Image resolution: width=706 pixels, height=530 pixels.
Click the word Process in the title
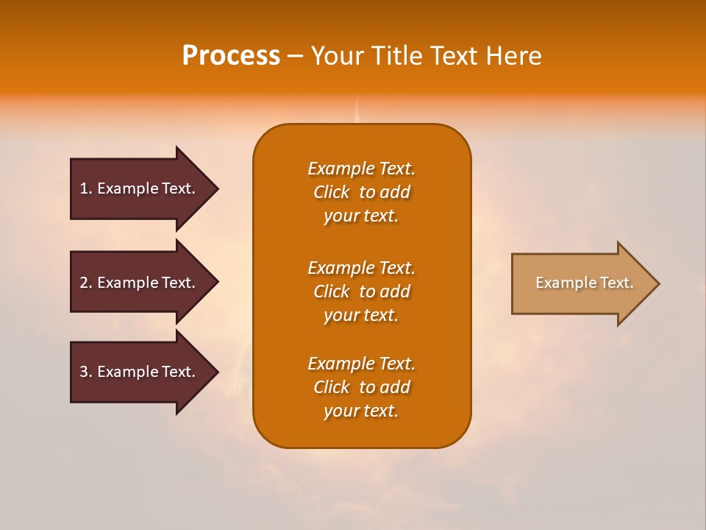point(231,56)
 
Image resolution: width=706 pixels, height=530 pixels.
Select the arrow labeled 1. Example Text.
point(140,188)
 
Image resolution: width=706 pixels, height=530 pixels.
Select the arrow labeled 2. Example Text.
point(140,283)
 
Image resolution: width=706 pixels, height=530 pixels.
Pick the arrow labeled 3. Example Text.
point(140,372)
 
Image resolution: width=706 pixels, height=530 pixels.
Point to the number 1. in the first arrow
point(85,188)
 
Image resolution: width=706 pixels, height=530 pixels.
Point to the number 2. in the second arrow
point(85,283)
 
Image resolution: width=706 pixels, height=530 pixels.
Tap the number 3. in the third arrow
point(85,372)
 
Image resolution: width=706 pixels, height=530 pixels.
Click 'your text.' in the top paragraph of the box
point(361,216)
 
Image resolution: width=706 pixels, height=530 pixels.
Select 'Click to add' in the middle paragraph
point(361,291)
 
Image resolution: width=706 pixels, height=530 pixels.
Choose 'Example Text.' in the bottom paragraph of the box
point(361,364)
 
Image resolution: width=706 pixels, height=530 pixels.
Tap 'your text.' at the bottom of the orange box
point(361,411)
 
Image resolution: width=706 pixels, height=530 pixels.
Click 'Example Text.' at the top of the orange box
point(361,169)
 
